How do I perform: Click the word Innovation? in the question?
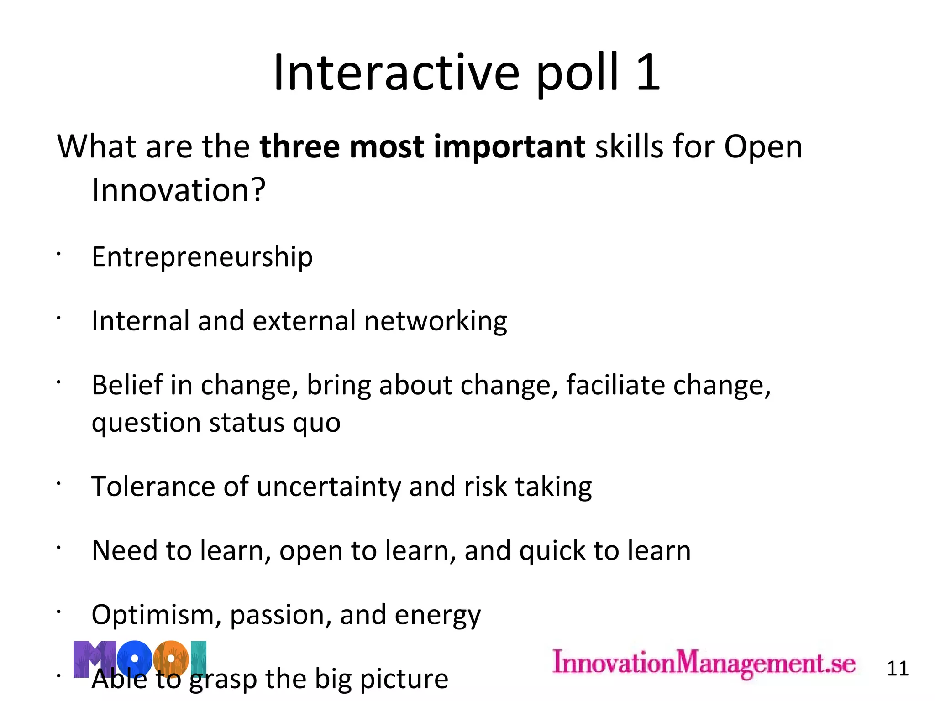(x=179, y=190)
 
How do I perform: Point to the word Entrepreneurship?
(x=202, y=257)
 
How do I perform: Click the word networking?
(x=436, y=321)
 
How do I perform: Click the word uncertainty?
(x=329, y=487)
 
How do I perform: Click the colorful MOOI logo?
(x=140, y=659)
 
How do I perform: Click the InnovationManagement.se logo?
(x=704, y=663)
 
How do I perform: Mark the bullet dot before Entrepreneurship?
(x=58, y=254)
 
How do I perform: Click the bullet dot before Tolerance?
(x=58, y=484)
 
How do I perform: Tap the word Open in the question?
(x=763, y=147)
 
